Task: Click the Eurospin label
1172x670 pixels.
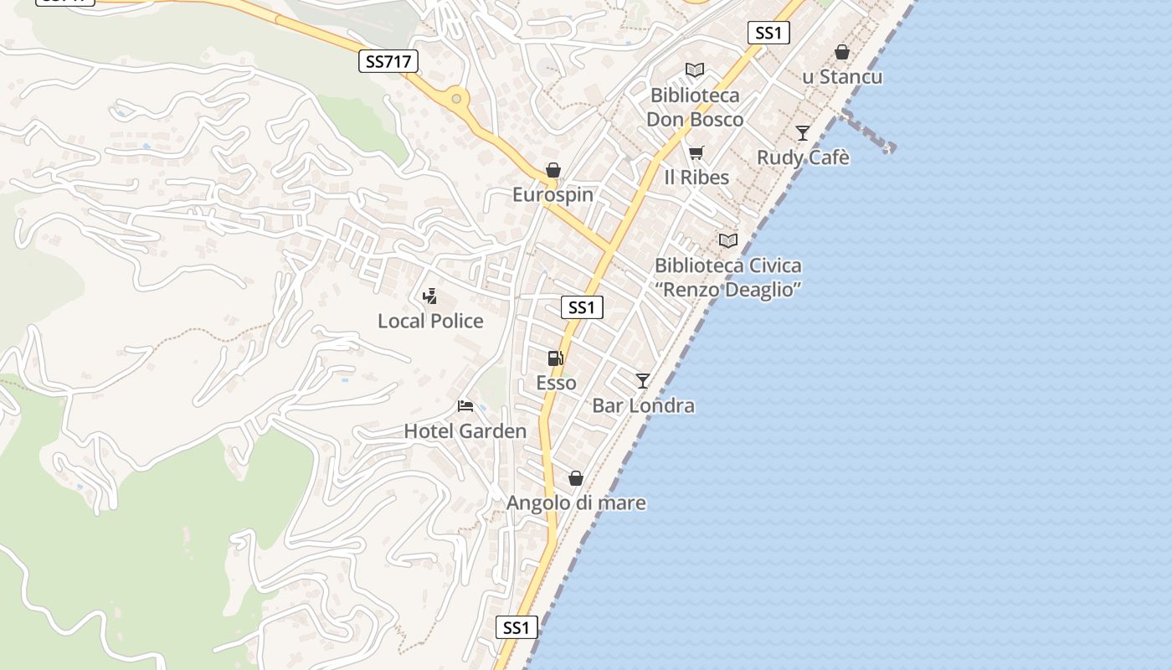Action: click(553, 195)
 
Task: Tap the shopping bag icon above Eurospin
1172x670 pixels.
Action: click(553, 171)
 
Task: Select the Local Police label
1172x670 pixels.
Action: click(430, 321)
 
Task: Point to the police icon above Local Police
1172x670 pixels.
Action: click(430, 296)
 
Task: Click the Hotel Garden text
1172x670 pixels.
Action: click(465, 431)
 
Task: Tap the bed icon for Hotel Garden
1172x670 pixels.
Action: click(465, 406)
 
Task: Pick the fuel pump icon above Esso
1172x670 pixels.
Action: click(555, 358)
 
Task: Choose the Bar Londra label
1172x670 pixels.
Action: click(643, 406)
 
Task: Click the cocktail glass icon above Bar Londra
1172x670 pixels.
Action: click(642, 381)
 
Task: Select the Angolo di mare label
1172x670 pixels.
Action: click(576, 503)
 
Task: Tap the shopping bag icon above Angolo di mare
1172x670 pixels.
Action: click(575, 478)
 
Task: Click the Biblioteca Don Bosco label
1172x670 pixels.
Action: click(695, 107)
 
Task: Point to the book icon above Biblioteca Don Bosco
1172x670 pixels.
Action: click(694, 70)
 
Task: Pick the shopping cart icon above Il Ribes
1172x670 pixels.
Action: click(696, 152)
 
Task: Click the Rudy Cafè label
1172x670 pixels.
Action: click(803, 157)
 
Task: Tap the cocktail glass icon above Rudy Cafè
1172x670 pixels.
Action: click(803, 132)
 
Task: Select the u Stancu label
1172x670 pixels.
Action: click(841, 77)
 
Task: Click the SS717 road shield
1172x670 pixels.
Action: click(388, 60)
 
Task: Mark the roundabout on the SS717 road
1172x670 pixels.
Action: click(456, 99)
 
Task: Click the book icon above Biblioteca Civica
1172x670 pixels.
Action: click(728, 241)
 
